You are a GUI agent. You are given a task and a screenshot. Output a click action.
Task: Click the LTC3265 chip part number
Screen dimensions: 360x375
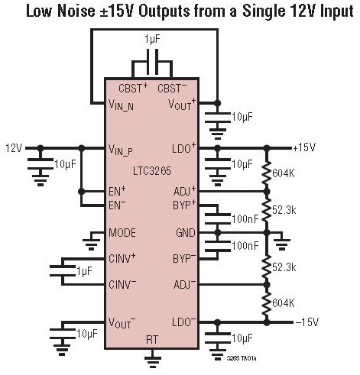(x=152, y=171)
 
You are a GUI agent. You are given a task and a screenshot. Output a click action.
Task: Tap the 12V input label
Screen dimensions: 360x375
(x=15, y=148)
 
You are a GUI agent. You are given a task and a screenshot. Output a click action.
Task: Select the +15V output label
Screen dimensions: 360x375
(x=304, y=147)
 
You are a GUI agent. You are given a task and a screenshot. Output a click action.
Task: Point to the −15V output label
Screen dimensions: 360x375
(x=306, y=322)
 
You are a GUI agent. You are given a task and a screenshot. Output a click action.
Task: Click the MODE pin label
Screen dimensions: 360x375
(x=122, y=233)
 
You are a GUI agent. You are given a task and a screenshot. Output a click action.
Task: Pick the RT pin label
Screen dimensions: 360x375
(x=152, y=340)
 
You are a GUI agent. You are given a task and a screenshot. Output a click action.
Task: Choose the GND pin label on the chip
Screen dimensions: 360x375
(x=186, y=233)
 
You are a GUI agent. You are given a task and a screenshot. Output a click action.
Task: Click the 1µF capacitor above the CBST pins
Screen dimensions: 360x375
(x=152, y=62)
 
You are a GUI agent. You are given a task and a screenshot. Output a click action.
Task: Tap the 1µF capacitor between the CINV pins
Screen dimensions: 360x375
(x=63, y=271)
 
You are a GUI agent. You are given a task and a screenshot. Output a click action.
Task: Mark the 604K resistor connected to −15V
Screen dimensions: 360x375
(x=267, y=304)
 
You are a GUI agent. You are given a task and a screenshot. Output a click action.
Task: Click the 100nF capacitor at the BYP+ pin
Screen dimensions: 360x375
(x=217, y=219)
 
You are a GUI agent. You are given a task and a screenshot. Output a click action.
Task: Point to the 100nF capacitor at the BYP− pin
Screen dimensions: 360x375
(x=217, y=246)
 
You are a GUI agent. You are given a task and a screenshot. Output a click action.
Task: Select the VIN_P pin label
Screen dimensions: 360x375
(x=121, y=150)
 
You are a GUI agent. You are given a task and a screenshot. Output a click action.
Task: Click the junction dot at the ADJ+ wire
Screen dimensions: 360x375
(x=267, y=191)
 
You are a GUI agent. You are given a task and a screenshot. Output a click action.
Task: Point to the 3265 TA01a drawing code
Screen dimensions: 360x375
(x=242, y=358)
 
